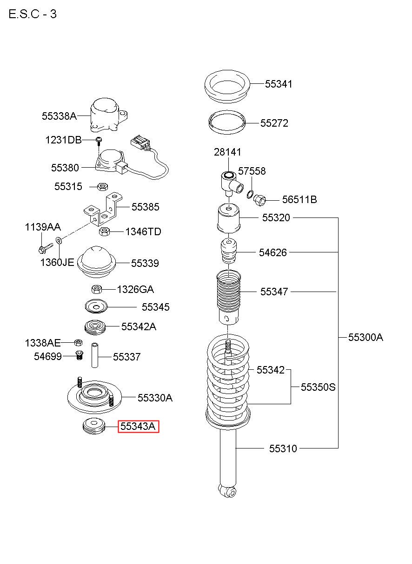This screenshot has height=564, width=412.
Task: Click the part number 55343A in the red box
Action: tap(138, 426)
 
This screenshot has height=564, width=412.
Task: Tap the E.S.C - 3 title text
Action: tap(33, 14)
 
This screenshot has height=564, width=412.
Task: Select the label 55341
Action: tap(279, 84)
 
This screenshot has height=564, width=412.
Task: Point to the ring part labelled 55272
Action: tap(227, 122)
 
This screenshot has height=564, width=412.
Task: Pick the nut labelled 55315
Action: tap(103, 187)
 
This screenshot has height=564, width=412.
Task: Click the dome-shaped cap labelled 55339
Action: tap(96, 262)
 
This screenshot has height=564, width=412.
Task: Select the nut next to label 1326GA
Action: tap(97, 289)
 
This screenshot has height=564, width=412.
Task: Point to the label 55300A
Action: tap(365, 337)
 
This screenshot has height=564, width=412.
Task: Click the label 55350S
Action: tap(318, 387)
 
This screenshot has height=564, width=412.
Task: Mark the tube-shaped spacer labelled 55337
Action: tap(95, 355)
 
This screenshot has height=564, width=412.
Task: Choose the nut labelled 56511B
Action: tap(259, 200)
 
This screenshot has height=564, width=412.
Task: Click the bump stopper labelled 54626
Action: tap(228, 251)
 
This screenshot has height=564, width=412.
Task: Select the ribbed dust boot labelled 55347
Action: tap(228, 298)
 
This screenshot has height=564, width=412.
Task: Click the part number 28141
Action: tap(227, 152)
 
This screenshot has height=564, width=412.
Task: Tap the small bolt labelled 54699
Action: tap(80, 355)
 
